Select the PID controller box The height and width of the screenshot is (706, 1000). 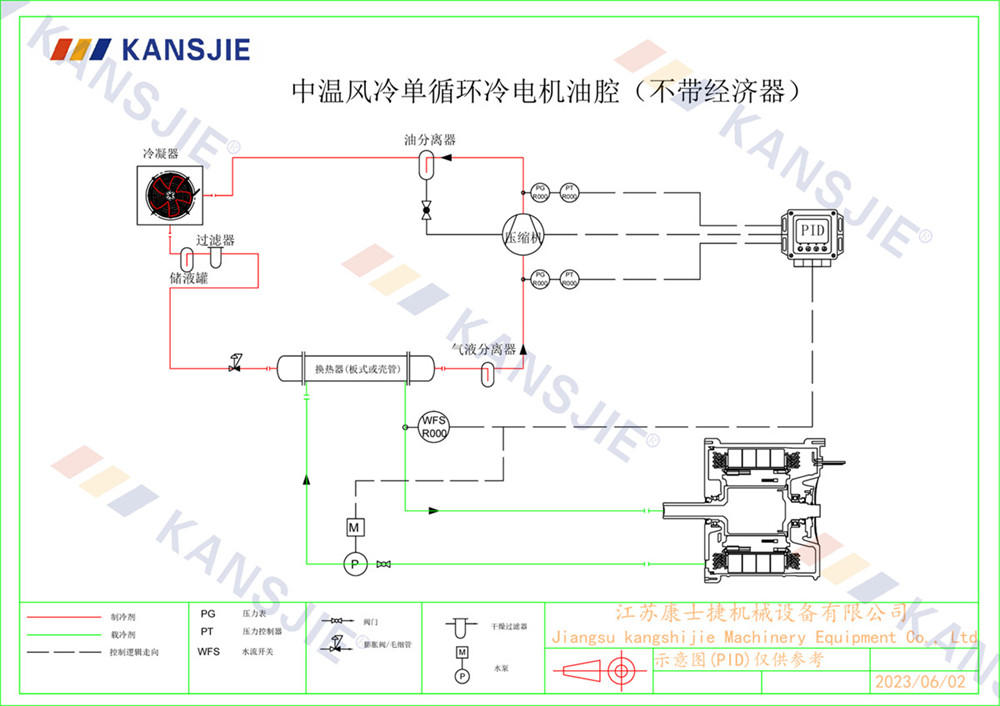coord(811,234)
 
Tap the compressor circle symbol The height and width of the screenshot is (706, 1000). coord(522,236)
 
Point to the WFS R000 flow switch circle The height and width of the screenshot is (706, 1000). coord(433,426)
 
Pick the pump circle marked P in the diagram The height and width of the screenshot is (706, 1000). coord(352,565)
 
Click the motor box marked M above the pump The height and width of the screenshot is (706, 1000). coord(352,526)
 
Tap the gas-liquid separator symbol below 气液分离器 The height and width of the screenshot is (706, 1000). coord(487,373)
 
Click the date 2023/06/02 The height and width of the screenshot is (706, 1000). coord(920,682)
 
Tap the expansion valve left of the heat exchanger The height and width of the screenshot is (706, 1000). coord(236,365)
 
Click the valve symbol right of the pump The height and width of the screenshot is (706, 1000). coord(383,565)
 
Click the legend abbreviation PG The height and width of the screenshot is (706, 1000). coord(208,614)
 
